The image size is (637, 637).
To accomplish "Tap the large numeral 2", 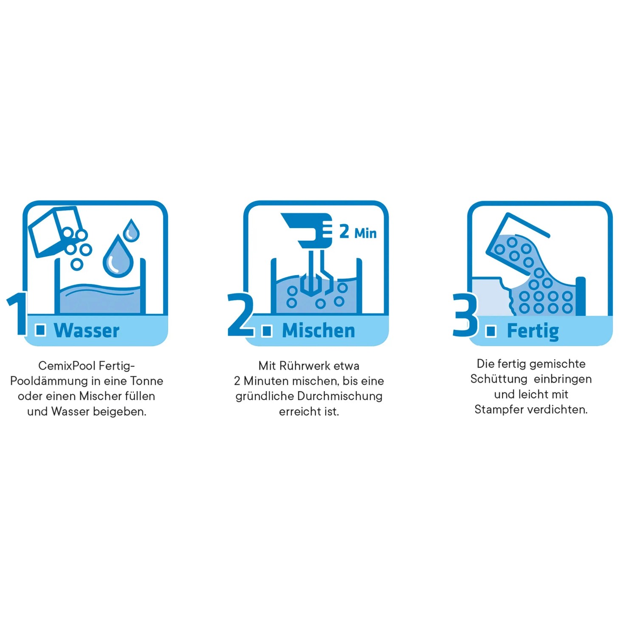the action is tap(241, 315).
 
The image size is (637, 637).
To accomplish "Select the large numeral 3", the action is tap(465, 315).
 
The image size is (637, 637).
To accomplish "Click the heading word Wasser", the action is tap(87, 330).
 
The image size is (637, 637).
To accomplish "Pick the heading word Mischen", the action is tap(318, 330).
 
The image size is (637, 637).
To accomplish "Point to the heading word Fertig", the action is tap(533, 331).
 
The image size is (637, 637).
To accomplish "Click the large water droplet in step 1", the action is tap(118, 256).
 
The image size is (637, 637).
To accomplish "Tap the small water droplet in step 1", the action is tap(131, 230).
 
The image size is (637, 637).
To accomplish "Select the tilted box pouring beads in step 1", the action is tap(55, 231).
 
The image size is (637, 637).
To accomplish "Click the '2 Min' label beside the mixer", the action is tap(358, 232).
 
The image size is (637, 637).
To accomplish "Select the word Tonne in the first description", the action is tap(147, 381).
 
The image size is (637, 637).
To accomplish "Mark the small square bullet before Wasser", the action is tap(41, 330).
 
